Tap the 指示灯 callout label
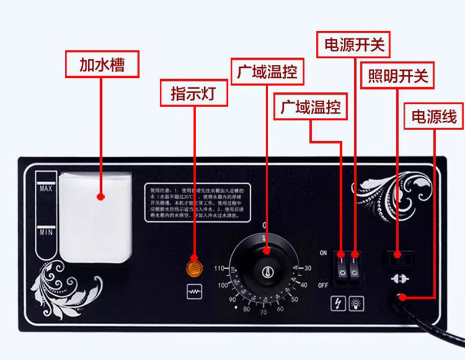coord(194,93)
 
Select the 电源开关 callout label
coord(354,44)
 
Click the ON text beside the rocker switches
coord(323,253)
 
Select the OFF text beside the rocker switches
coord(323,285)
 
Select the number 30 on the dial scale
coord(307,269)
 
